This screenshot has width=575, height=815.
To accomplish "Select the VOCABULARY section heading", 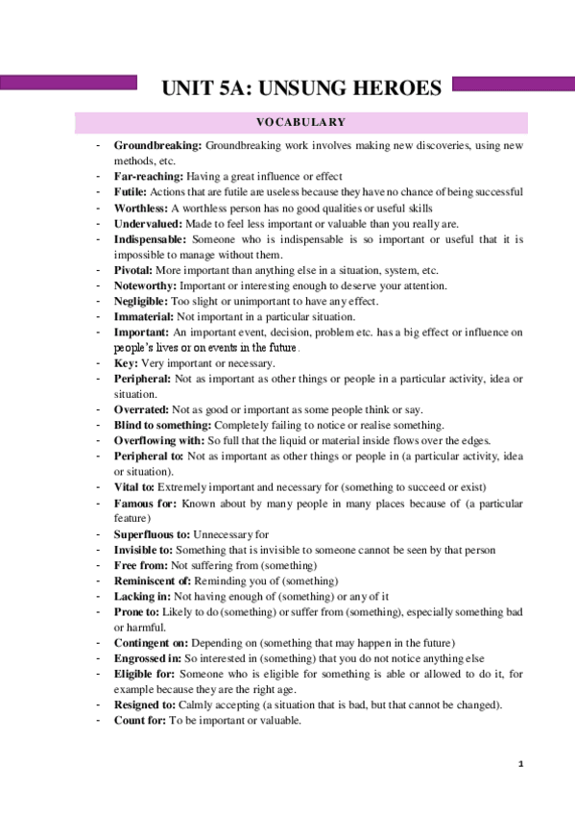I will pyautogui.click(x=300, y=122).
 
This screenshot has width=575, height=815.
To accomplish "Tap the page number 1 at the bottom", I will pyautogui.click(x=519, y=764).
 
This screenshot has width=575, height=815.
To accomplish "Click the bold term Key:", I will pyautogui.click(x=126, y=363).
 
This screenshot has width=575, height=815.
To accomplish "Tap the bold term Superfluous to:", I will pyautogui.click(x=152, y=533).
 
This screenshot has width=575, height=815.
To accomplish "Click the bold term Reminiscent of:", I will pyautogui.click(x=154, y=580).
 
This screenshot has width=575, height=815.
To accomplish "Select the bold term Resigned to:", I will pyautogui.click(x=145, y=704).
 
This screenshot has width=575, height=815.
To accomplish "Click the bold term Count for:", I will pyautogui.click(x=142, y=720).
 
